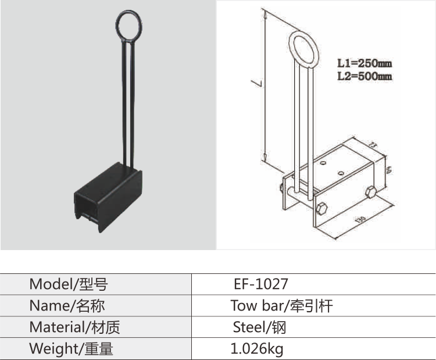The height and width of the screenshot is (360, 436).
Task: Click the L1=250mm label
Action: pyautogui.click(x=364, y=62)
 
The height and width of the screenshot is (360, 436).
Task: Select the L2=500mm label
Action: pyautogui.click(x=364, y=76)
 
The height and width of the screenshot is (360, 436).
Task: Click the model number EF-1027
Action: pyautogui.click(x=260, y=284)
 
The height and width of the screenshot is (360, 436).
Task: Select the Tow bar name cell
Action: pyautogui.click(x=281, y=306)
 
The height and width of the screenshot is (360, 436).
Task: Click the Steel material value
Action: pyautogui.click(x=259, y=327)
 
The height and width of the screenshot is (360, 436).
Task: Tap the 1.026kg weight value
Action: pyautogui.click(x=257, y=349)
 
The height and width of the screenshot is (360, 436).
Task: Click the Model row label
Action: pyautogui.click(x=69, y=284)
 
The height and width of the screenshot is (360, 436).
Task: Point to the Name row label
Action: pyautogui.click(x=67, y=306)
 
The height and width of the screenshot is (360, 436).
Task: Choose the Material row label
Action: pyautogui.click(x=74, y=327)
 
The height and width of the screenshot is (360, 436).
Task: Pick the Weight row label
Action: pyautogui.click(x=71, y=349)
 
